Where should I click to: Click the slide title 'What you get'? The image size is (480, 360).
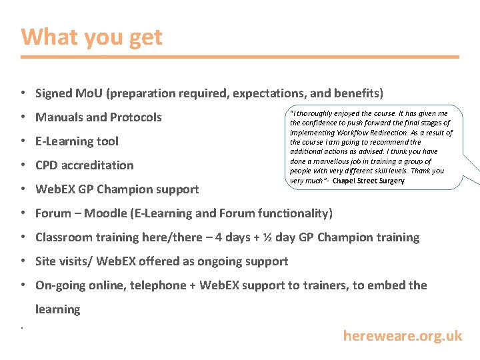tap(91, 37)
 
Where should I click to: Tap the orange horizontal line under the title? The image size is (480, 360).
tap(240, 57)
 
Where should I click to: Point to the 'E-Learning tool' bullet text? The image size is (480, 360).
tap(77, 141)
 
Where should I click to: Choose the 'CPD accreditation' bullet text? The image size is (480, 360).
tap(84, 165)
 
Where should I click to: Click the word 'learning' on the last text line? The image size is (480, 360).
tap(57, 309)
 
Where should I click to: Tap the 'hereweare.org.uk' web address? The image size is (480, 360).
tap(402, 336)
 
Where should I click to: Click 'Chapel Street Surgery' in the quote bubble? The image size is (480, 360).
tap(368, 181)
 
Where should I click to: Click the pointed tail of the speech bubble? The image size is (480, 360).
tap(475, 175)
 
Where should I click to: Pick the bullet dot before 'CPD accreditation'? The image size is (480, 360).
tap(23, 165)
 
